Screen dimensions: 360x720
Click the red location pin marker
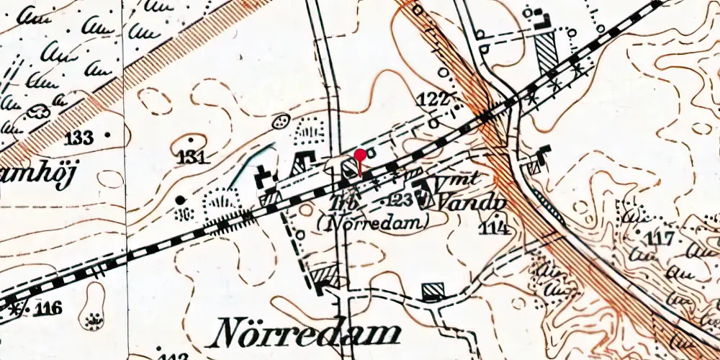(x=361, y=155)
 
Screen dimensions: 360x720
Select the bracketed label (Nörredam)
(x=372, y=223)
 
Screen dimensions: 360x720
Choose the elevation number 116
(x=46, y=310)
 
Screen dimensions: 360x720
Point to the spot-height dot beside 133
(x=109, y=135)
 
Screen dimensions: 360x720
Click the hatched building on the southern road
(x=433, y=291)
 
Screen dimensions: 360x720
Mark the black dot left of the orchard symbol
(x=180, y=199)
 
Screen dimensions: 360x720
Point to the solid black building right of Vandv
(x=544, y=152)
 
